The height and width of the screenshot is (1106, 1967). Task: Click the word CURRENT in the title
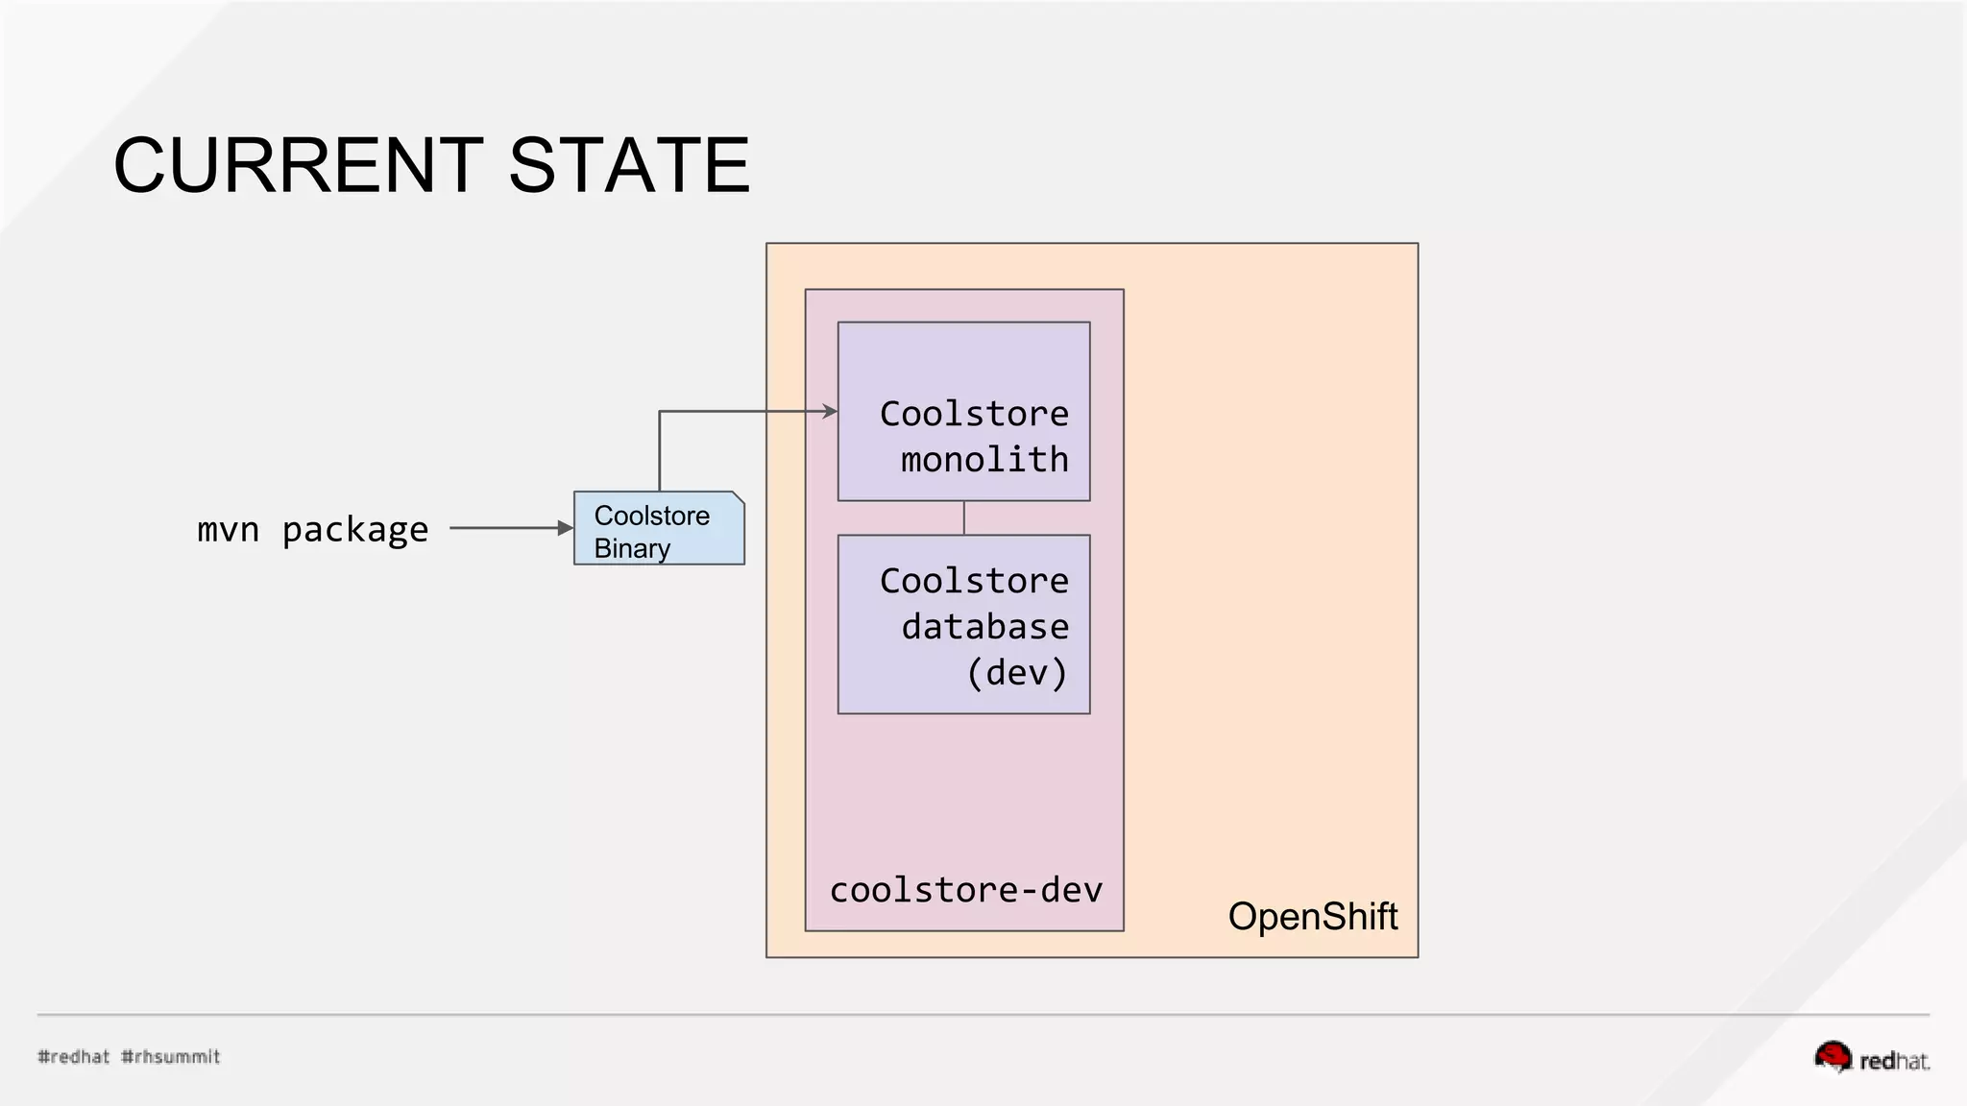pos(298,165)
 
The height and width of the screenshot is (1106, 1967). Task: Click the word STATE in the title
pos(628,165)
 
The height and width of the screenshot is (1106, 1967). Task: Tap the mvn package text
pos(312,529)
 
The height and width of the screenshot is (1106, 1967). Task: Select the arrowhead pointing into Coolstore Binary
pos(566,528)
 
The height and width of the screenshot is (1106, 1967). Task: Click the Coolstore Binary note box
pos(659,529)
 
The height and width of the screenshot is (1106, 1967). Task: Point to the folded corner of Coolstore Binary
pos(738,497)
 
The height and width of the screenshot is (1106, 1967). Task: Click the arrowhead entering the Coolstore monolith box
pos(831,412)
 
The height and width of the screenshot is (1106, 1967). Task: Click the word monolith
pos(984,460)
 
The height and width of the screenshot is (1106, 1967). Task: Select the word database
pos(984,627)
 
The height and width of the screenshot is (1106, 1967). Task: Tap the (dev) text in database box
pos(1017,672)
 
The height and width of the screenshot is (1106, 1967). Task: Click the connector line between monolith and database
pos(964,517)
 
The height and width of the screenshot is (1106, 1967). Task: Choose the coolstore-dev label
pos(965,890)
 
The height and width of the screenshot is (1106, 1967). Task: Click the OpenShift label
pos(1312,916)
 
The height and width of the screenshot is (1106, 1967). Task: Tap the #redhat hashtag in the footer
pos(74,1056)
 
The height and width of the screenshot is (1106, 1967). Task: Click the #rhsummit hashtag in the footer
pos(171,1056)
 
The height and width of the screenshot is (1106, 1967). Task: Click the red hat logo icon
pos(1833,1056)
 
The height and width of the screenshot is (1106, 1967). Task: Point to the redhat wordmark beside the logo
pos(1894,1061)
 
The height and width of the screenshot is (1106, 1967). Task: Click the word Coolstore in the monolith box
pos(974,414)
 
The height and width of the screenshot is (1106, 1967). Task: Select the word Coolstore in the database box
pos(974,581)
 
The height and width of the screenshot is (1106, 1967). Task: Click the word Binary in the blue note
pos(632,548)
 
